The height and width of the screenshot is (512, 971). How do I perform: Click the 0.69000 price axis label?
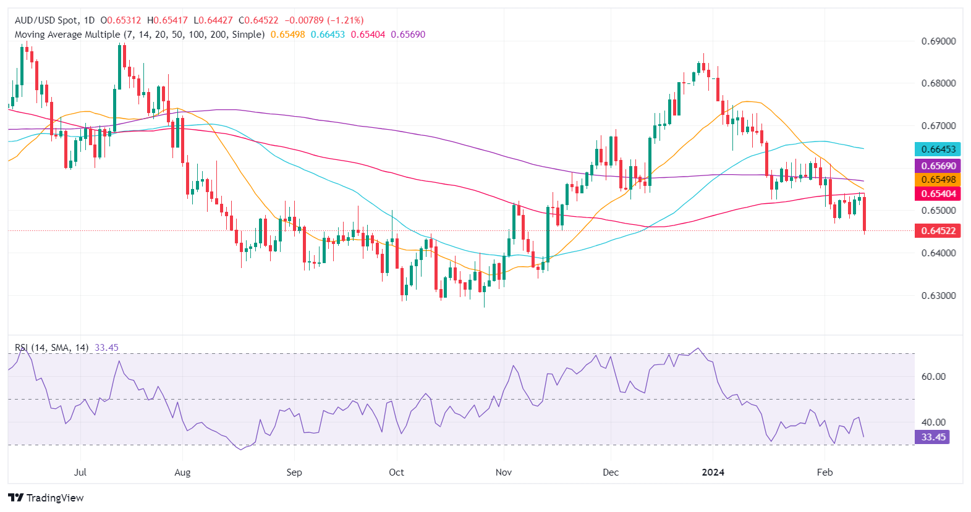coord(938,41)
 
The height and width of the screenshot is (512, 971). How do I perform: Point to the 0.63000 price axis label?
coord(938,295)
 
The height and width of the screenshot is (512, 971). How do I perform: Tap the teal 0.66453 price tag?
coord(938,149)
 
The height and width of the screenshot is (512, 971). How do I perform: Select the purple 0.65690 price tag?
coord(938,166)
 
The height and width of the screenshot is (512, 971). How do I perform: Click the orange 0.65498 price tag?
coord(938,180)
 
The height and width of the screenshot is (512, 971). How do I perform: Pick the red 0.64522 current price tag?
coord(938,231)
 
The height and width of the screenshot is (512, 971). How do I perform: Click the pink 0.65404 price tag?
coord(938,194)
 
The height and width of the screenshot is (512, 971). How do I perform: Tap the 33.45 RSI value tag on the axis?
coord(933,437)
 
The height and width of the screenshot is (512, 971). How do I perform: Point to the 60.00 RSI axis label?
coord(933,376)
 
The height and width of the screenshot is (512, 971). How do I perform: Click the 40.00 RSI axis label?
coord(933,422)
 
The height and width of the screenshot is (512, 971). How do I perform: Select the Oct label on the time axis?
coord(396,472)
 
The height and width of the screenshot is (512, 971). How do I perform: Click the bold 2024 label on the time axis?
coord(713,472)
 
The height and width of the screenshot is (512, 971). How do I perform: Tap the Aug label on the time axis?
coord(182,472)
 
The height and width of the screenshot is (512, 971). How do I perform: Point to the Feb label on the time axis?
coord(825,472)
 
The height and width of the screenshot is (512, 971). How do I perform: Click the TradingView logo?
coord(46,498)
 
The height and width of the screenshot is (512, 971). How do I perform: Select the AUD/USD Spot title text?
coord(47,20)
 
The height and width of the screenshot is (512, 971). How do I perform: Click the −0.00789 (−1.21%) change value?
coord(324,20)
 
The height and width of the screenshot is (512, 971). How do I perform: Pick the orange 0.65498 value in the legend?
coord(287,35)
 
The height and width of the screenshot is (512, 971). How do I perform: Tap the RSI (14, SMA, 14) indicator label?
coord(52,348)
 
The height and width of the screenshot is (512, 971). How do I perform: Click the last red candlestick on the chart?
coord(864,214)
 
